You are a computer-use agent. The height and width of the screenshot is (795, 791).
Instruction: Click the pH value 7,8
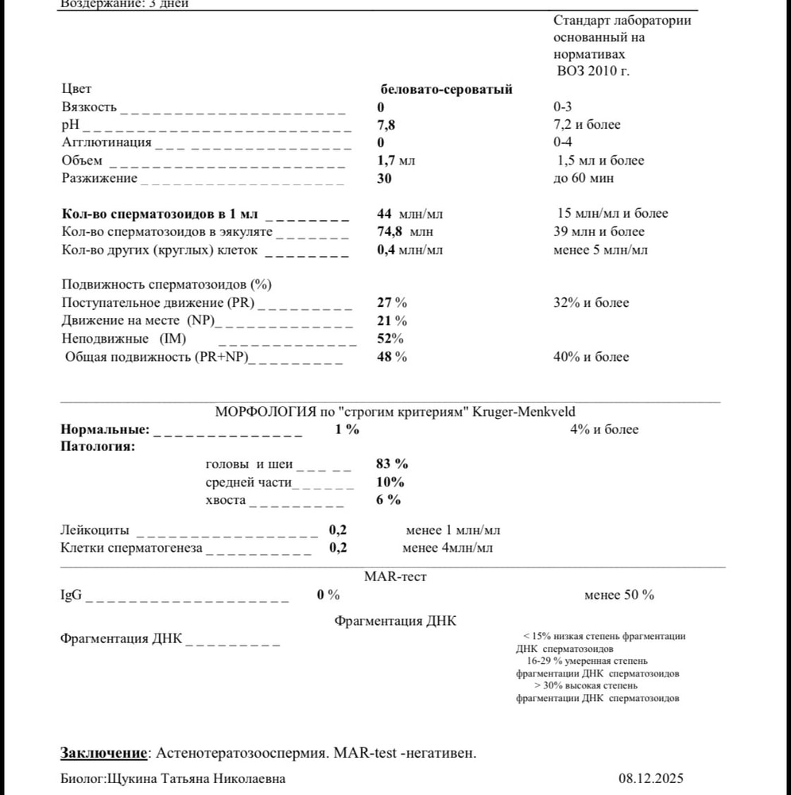386,125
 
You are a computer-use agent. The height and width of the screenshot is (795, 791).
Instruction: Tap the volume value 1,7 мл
396,161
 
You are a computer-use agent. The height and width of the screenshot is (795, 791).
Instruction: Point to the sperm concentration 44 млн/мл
409,214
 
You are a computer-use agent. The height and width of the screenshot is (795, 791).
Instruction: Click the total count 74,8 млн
405,232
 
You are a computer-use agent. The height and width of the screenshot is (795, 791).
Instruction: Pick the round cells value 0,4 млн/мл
409,250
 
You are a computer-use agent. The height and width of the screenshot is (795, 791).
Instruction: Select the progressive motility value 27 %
392,303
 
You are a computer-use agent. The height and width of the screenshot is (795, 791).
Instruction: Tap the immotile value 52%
390,339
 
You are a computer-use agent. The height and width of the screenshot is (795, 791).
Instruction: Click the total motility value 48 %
392,357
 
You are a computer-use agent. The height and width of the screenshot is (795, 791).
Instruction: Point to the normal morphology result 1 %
347,430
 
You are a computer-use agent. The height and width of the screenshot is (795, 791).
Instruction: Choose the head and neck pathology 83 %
392,464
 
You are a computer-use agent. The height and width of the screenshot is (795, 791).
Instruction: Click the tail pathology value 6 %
388,500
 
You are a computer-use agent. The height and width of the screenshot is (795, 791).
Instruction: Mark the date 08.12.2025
650,778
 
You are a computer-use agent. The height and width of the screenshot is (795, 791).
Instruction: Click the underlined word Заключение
104,753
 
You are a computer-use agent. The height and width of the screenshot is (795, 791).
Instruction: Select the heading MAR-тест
395,576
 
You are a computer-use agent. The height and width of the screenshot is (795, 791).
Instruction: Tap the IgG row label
72,595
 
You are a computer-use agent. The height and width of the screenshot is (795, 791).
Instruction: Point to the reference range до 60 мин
584,178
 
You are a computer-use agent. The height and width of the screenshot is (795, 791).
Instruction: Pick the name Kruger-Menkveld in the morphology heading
524,412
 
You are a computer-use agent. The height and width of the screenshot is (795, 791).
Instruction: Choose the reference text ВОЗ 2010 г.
592,71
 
